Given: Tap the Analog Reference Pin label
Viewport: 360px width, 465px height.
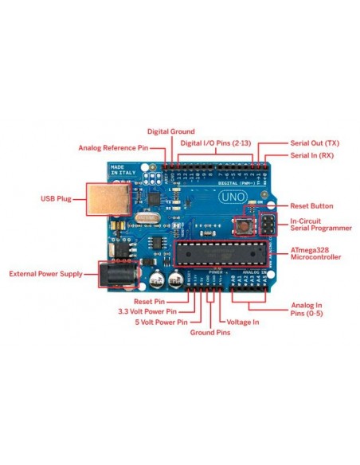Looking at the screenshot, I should (113, 148).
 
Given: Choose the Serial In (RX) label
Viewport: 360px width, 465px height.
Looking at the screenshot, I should (311, 155).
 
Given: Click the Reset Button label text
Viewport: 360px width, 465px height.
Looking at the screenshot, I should (311, 205).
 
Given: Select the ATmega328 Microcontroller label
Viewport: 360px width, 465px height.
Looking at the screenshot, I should (315, 253).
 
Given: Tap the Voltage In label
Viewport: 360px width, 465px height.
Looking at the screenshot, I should (244, 322).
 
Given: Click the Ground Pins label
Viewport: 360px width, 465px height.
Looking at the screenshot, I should (210, 332).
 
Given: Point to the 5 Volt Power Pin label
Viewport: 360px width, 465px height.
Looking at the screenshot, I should (160, 322).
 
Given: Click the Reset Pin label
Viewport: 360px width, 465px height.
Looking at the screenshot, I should (149, 301).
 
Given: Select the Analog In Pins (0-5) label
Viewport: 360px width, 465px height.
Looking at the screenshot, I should (307, 309).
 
